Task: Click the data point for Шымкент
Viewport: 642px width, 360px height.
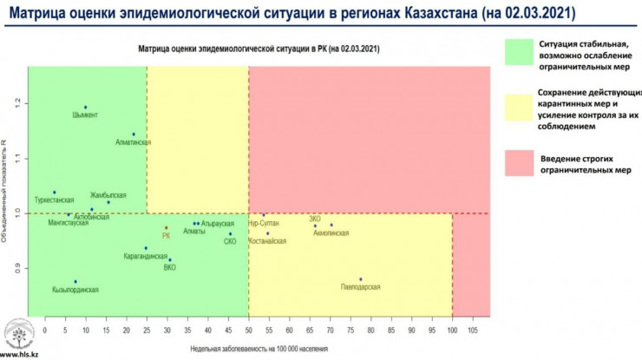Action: point(85,107)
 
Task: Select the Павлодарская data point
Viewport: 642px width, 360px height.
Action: point(361,279)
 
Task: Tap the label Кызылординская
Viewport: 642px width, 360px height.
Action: point(75,290)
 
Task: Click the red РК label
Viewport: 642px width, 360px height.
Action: point(167,235)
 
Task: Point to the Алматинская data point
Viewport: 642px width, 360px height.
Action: point(134,134)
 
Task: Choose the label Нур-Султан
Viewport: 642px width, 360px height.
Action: point(264,223)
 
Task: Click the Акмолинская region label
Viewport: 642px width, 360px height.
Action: point(331,233)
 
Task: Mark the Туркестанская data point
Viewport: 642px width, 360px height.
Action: point(54,193)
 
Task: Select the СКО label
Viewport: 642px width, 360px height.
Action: point(230,241)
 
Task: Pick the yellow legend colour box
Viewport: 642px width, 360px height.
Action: point(518,108)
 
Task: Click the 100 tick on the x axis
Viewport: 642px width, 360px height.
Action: point(451,330)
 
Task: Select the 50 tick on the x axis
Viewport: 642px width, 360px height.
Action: point(248,330)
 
